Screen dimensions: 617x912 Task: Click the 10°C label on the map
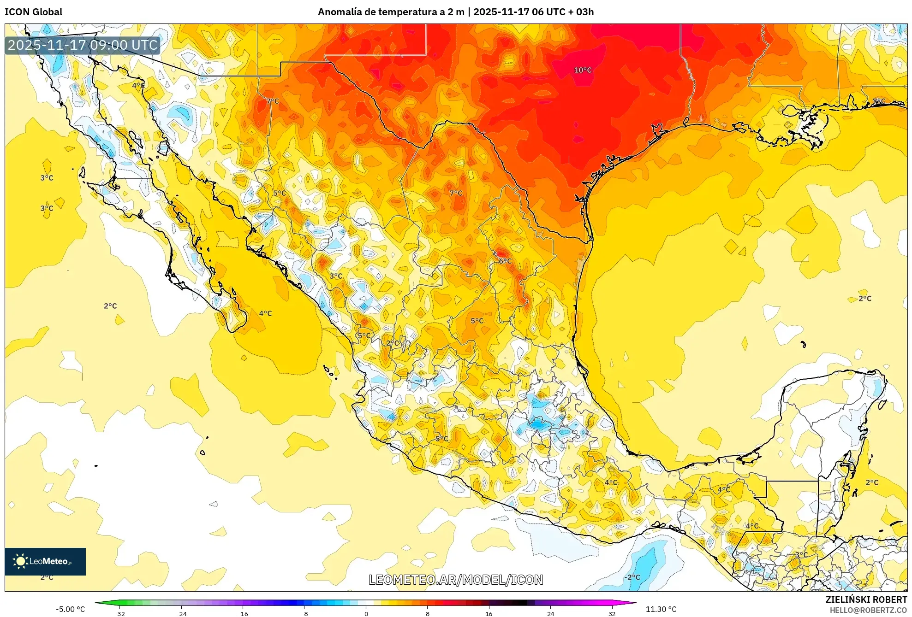point(583,70)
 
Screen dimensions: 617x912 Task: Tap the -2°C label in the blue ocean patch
point(632,577)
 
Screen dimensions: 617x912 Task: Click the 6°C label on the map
point(505,261)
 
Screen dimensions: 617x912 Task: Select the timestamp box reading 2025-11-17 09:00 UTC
point(83,45)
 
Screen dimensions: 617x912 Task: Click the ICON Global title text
point(34,12)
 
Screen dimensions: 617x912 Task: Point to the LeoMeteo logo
point(45,561)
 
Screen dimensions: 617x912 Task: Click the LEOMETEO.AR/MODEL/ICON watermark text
point(456,580)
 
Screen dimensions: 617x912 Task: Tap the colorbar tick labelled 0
point(366,613)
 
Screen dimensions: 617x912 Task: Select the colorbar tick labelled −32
point(119,613)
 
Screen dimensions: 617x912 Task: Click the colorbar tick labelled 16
point(489,613)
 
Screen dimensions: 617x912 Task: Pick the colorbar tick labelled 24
point(550,613)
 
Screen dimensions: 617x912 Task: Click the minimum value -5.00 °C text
point(70,609)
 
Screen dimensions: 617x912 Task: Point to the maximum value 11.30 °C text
point(661,609)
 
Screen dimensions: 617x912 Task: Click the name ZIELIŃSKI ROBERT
point(866,599)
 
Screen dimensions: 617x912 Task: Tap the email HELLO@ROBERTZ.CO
point(868,610)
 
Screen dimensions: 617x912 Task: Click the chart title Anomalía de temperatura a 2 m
point(391,12)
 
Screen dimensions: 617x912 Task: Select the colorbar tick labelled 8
point(428,613)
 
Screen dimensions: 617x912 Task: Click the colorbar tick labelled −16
point(242,613)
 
